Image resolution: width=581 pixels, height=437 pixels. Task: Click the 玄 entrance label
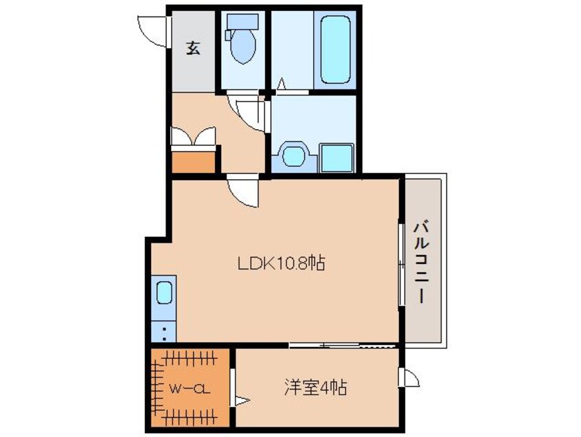click(194, 48)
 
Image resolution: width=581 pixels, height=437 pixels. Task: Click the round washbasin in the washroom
click(295, 156)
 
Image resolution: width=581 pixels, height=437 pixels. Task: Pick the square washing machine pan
click(336, 158)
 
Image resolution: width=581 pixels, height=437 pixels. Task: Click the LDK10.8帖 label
click(281, 263)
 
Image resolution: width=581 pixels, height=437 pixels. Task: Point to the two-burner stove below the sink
click(164, 333)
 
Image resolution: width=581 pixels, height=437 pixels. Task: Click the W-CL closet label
click(190, 390)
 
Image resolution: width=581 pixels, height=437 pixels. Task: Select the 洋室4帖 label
click(315, 388)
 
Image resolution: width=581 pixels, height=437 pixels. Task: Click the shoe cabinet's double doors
click(193, 137)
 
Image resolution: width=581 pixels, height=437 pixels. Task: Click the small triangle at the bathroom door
click(281, 85)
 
